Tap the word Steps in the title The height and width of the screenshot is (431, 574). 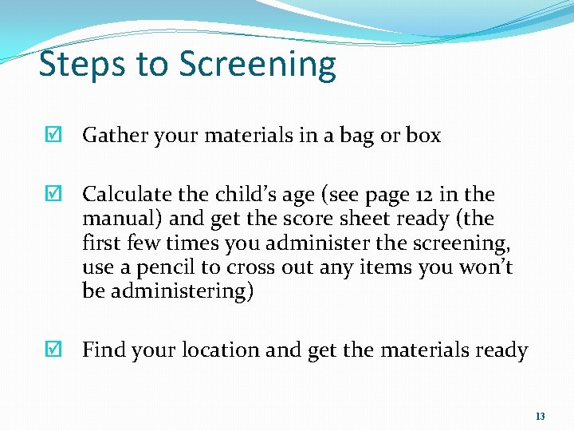(79, 65)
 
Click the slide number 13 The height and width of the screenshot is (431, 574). (541, 417)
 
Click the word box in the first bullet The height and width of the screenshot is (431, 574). (423, 136)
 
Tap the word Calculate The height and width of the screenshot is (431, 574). (129, 195)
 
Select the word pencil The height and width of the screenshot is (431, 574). (164, 267)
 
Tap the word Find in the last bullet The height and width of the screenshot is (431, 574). (105, 350)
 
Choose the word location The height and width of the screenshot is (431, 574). (220, 350)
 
